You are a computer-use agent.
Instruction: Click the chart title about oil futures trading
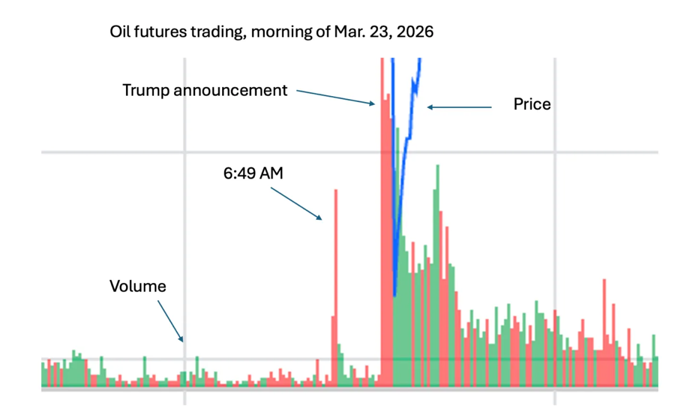point(271,33)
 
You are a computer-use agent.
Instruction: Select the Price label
point(532,104)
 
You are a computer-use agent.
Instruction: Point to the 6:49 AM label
point(253,174)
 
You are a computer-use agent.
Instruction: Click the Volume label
point(137,286)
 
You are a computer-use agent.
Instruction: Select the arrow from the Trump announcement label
point(335,97)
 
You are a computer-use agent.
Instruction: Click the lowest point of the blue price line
point(395,295)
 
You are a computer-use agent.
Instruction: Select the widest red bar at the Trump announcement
point(383,229)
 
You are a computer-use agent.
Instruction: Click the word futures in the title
point(157,33)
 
